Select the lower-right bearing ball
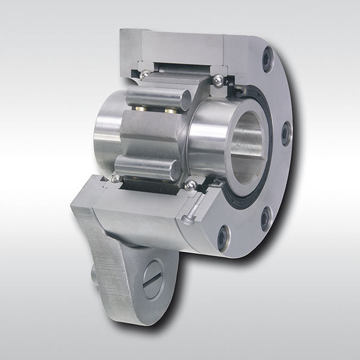191,185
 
